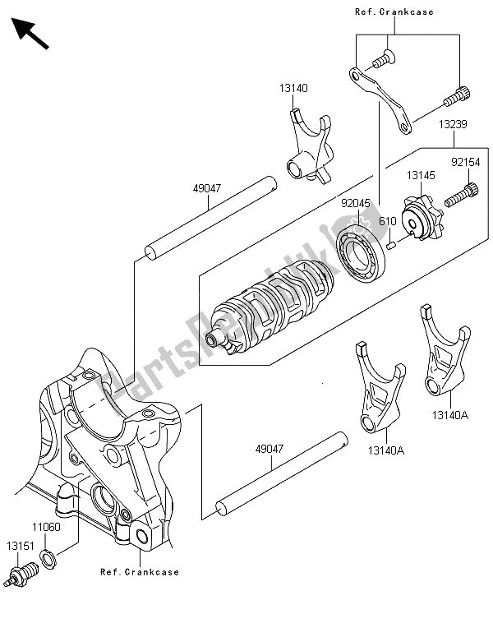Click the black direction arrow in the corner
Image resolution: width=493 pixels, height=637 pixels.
pyautogui.click(x=30, y=34)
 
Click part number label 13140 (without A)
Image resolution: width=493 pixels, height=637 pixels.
pyautogui.click(x=293, y=88)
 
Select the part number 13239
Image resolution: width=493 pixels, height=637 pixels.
pyautogui.click(x=453, y=124)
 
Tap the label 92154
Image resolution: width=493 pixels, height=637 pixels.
pyautogui.click(x=465, y=163)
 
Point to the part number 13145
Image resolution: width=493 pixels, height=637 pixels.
pyautogui.click(x=421, y=176)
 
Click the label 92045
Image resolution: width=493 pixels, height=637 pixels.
pyautogui.click(x=356, y=203)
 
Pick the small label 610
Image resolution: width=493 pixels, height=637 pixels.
pyautogui.click(x=387, y=221)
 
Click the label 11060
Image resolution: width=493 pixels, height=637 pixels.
pyautogui.click(x=46, y=528)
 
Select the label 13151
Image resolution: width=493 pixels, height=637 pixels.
pyautogui.click(x=21, y=546)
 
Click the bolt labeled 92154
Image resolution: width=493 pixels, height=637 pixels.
pyautogui.click(x=461, y=196)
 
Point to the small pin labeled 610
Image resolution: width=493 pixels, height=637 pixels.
pyautogui.click(x=391, y=246)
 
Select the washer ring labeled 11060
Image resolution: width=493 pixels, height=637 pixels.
pyautogui.click(x=48, y=558)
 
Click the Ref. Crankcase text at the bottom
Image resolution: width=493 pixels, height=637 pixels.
pyautogui.click(x=140, y=572)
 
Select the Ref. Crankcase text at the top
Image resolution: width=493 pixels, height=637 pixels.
pyautogui.click(x=394, y=12)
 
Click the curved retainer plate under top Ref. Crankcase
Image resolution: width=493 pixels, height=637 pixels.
pyautogui.click(x=381, y=101)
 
